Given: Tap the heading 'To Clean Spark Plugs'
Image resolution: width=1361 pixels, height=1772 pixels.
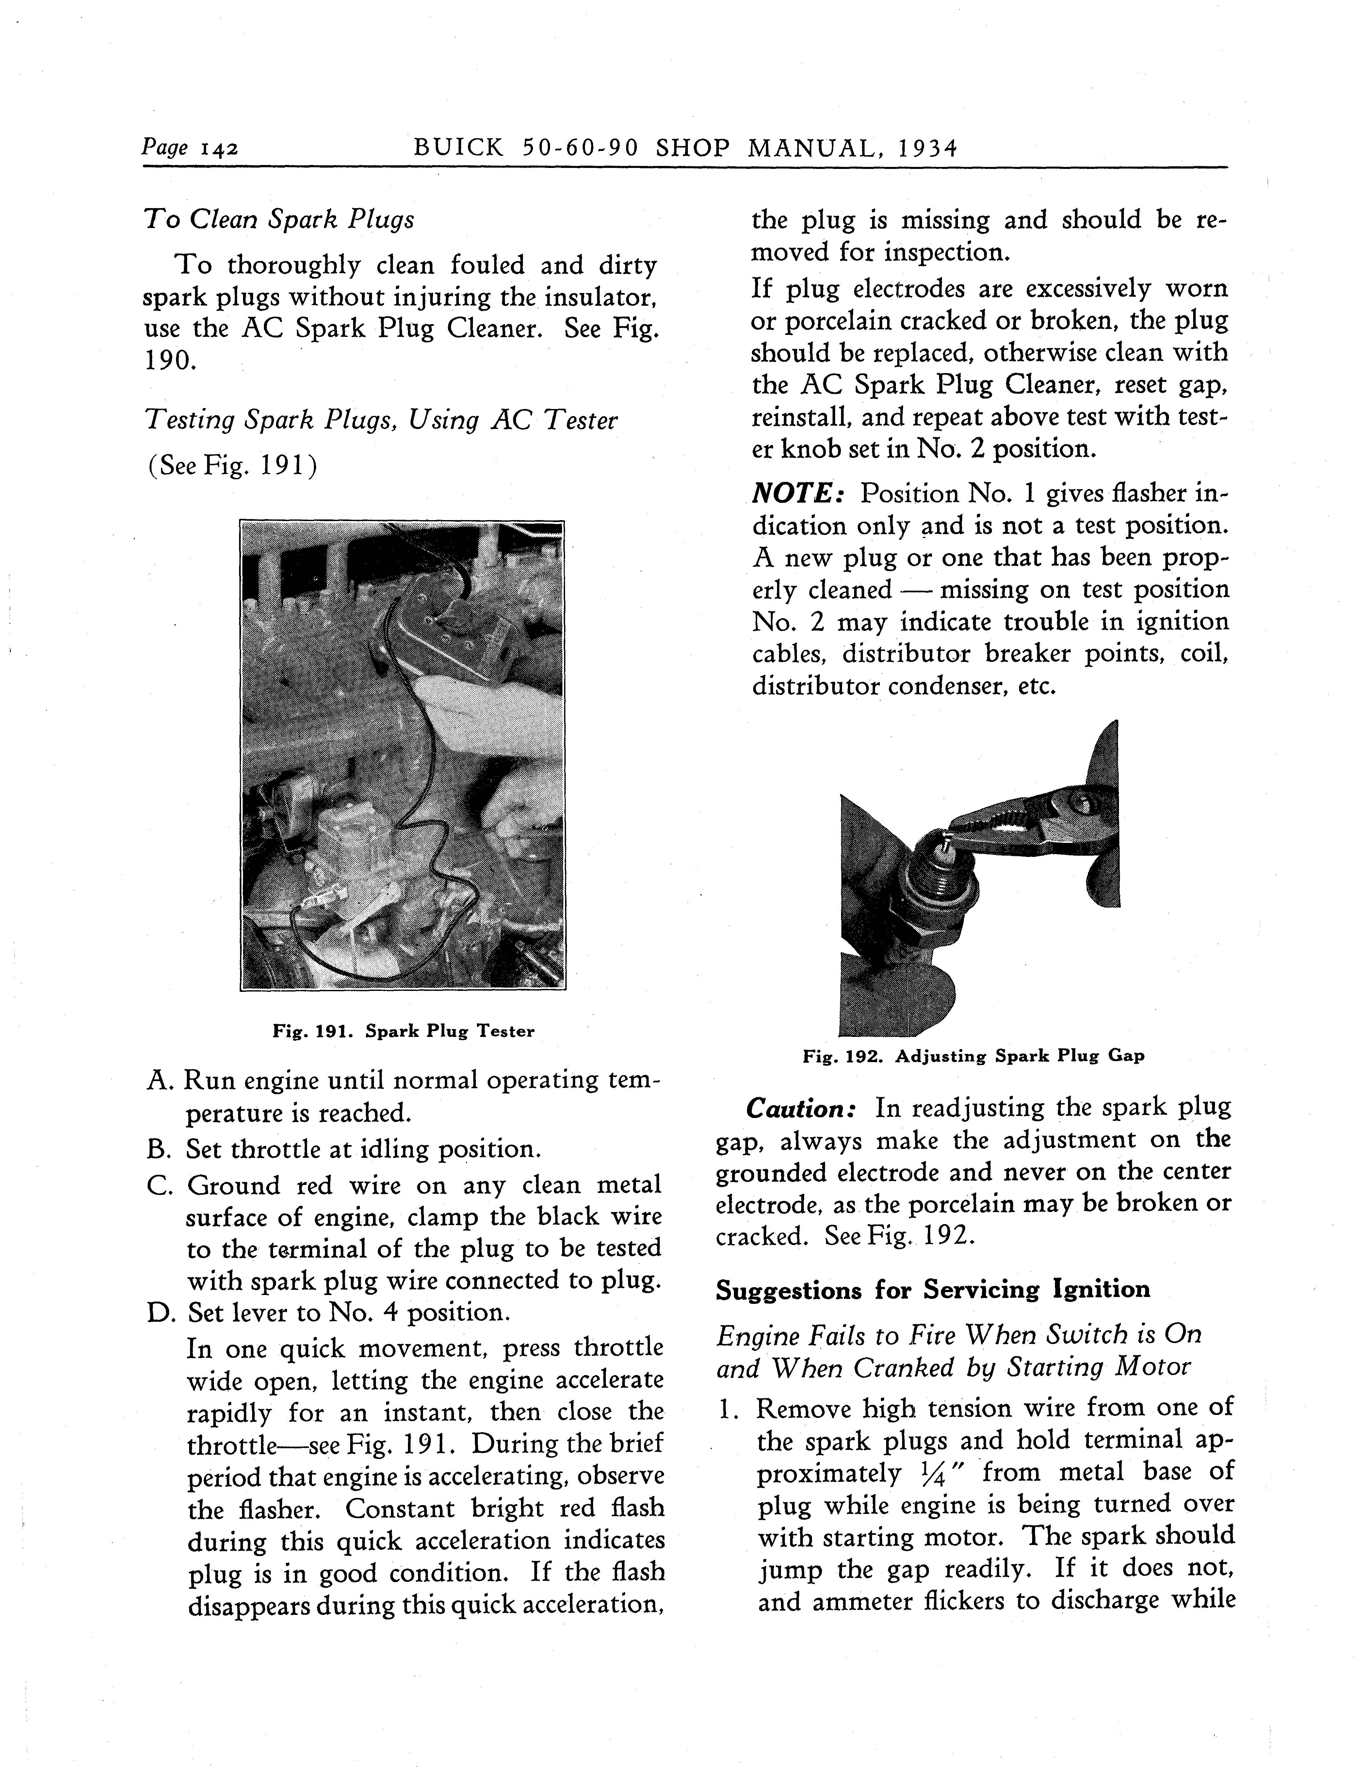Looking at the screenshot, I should tap(279, 220).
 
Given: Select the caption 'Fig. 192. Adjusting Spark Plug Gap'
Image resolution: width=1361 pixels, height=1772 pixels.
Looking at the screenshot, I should tap(973, 1057).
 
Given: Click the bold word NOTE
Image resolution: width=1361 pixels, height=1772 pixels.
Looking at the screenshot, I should tap(798, 493).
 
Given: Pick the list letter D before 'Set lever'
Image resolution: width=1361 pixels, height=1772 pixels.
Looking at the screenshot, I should tap(158, 1313).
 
